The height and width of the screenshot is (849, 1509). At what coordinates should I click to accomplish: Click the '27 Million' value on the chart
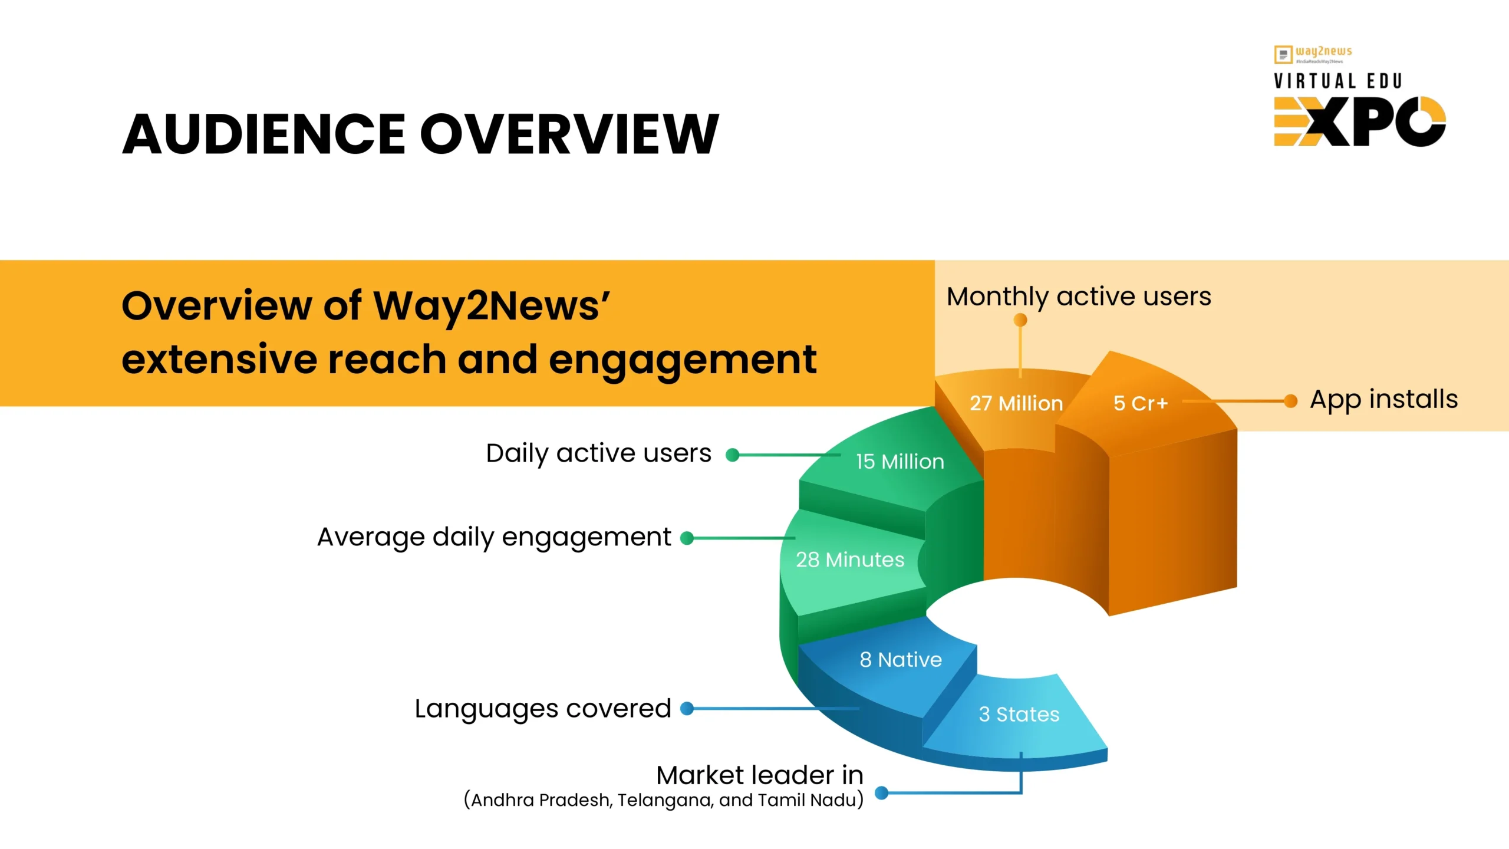coord(1016,403)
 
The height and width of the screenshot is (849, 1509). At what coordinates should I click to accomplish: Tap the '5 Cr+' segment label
coord(1140,403)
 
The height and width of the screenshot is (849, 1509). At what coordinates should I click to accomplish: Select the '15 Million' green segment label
coord(900,461)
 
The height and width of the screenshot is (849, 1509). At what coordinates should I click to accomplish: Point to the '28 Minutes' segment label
coord(849,559)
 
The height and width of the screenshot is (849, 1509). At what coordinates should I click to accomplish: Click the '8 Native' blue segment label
coord(900,659)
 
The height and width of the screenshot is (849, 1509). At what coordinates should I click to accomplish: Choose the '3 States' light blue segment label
coord(1019,714)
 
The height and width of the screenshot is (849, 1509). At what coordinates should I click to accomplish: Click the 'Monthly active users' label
coord(1079,297)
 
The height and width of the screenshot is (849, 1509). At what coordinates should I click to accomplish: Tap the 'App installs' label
coord(1383,399)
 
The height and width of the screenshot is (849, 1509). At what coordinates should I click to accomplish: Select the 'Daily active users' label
coord(598,453)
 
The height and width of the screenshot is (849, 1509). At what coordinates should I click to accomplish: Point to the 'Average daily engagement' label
coord(494,537)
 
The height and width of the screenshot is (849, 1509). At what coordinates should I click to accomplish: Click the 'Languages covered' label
coord(542,708)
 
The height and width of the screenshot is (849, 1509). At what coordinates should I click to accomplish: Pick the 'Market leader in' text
coord(759,775)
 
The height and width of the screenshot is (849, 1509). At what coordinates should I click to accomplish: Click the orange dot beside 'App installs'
coord(1290,401)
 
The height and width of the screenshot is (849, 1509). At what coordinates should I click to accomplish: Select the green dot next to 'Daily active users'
coord(732,455)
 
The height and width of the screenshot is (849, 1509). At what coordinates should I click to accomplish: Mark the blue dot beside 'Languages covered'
coord(687,708)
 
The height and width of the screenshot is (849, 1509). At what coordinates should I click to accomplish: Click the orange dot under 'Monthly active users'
coord(1020,320)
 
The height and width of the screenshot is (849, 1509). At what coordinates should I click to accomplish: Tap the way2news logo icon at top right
coord(1283,54)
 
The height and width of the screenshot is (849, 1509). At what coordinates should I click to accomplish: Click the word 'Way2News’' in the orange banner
coord(491,306)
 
